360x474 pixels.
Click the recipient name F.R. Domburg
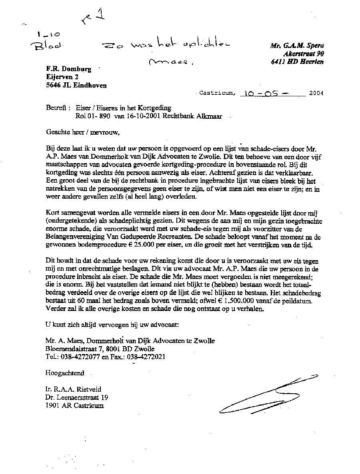tap(68, 69)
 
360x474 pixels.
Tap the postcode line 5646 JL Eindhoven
tap(76, 85)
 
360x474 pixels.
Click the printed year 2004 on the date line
tap(316, 94)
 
